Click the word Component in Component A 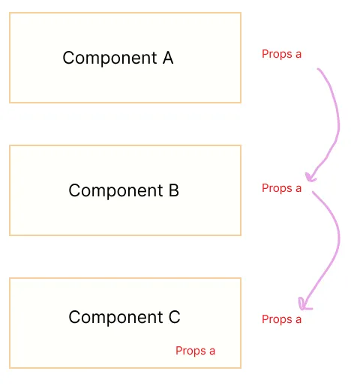[109, 58]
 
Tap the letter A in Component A [168, 58]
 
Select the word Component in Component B [115, 191]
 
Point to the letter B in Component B [174, 190]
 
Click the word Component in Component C [115, 317]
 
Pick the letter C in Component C [175, 317]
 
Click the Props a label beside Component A [281, 54]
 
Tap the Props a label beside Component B [281, 188]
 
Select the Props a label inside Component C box [195, 351]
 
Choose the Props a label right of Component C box [281, 319]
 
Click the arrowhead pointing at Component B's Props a [310, 177]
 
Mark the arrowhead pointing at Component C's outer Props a [304, 305]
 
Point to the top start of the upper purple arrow [318, 69]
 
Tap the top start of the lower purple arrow [313, 192]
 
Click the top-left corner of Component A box [10, 13]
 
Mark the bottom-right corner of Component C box [241, 368]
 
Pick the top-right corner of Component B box [241, 145]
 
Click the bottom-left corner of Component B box [10, 235]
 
